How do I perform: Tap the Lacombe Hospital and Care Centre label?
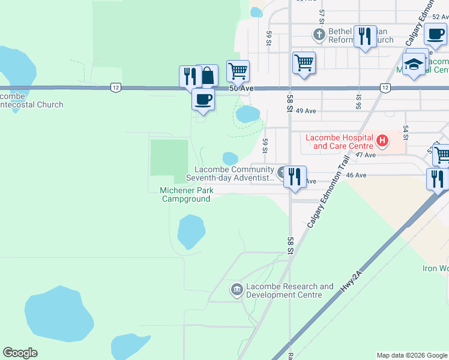339,142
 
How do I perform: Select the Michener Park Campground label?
185,194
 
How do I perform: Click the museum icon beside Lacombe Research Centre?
237,290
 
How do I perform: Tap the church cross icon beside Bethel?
319,35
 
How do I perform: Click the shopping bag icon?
207,76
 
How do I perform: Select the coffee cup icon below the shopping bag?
203,98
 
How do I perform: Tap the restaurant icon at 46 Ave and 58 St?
294,177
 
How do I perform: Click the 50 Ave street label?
242,89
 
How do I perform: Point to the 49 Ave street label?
306,111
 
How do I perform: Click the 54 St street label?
406,133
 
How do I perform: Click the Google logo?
20,353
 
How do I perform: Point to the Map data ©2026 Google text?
411,355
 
